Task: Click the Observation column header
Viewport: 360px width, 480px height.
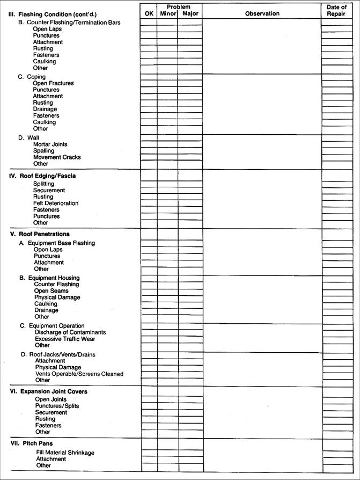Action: click(262, 13)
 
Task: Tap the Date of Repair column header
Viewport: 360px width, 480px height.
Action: click(336, 10)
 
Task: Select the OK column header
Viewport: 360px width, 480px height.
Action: click(149, 13)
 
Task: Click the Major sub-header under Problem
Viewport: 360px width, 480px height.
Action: click(190, 13)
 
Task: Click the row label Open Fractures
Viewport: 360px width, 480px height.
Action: click(53, 83)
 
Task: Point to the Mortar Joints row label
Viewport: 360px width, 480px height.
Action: click(50, 144)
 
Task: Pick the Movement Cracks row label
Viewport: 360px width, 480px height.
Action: click(57, 157)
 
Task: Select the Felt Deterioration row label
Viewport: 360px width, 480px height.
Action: click(56, 203)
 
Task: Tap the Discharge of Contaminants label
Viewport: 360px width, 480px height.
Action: click(70, 332)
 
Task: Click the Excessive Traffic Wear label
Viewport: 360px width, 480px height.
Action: click(67, 339)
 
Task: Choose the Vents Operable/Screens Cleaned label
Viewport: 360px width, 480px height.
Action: click(79, 374)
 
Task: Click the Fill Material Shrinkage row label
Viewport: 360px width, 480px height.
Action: click(65, 453)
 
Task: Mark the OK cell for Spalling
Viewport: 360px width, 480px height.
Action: click(149, 151)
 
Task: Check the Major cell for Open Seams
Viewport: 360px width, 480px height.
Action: click(190, 291)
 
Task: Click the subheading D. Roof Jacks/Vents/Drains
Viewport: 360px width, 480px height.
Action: click(58, 354)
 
